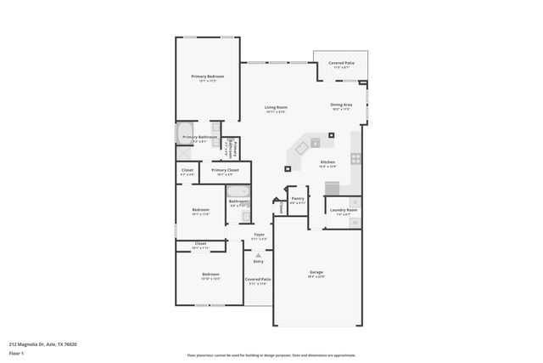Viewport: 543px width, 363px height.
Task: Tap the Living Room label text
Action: click(277, 107)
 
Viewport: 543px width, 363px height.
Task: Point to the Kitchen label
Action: click(327, 162)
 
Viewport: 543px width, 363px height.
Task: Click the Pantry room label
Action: click(297, 200)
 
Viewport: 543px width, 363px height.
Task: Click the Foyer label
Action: click(259, 235)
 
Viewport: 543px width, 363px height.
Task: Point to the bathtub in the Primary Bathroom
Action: click(186, 133)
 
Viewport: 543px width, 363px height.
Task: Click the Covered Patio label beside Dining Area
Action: click(342, 63)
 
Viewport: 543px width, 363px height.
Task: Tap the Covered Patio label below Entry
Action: click(258, 279)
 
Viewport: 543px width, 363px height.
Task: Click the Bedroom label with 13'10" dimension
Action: click(210, 275)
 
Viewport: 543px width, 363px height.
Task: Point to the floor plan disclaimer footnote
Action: click(271, 355)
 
